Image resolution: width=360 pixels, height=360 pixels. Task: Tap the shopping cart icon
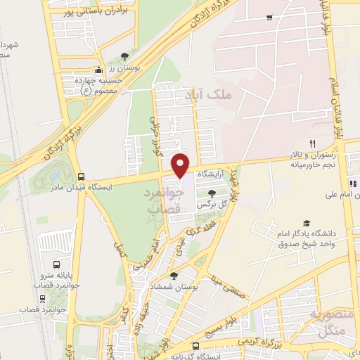[269, 18]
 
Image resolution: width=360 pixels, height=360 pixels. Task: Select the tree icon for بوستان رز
[125, 56]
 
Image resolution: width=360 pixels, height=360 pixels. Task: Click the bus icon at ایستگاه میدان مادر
[82, 176]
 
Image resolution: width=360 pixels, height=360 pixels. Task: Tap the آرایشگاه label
[212, 173]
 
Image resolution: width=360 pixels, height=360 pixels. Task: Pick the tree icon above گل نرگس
[212, 193]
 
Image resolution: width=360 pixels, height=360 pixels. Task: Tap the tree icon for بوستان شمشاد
[174, 276]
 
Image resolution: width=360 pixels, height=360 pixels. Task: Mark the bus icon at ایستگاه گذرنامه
[195, 346]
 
